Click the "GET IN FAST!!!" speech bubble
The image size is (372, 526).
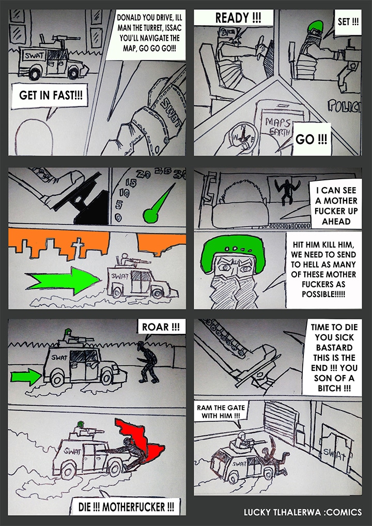click(50, 96)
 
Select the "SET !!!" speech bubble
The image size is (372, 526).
click(348, 22)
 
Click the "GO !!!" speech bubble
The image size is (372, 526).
click(311, 139)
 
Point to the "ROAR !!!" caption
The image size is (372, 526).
click(161, 327)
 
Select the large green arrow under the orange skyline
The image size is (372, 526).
click(63, 281)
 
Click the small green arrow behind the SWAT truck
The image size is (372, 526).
click(26, 376)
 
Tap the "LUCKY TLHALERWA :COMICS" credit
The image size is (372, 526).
click(303, 512)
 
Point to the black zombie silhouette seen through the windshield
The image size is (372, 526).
click(285, 191)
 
